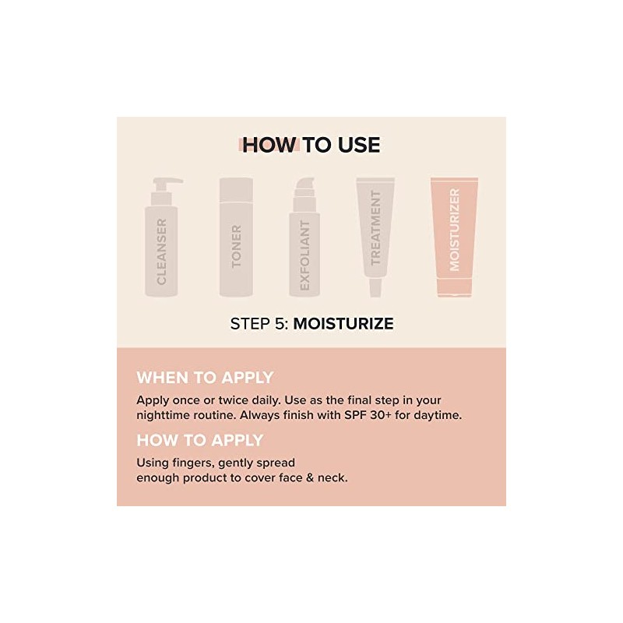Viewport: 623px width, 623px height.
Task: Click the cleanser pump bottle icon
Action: coord(161,238)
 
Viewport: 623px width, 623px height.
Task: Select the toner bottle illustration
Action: coord(236,238)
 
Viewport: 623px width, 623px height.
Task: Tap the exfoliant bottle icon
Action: coord(304,238)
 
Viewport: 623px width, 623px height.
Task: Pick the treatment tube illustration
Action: coord(375,238)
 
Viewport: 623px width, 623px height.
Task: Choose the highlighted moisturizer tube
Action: coord(455,238)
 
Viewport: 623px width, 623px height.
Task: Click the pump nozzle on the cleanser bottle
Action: coord(167,182)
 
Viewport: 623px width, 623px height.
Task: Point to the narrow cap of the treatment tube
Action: coord(375,287)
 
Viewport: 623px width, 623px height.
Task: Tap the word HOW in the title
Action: coord(269,145)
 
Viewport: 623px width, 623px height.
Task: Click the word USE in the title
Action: coord(359,145)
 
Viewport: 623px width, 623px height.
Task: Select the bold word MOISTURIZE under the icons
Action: coord(343,323)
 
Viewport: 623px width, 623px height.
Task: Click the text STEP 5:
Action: coord(259,323)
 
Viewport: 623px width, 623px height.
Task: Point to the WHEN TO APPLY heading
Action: coord(205,378)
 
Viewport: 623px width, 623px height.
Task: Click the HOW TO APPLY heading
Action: coord(200,440)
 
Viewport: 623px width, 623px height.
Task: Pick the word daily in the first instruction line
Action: coord(266,400)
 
